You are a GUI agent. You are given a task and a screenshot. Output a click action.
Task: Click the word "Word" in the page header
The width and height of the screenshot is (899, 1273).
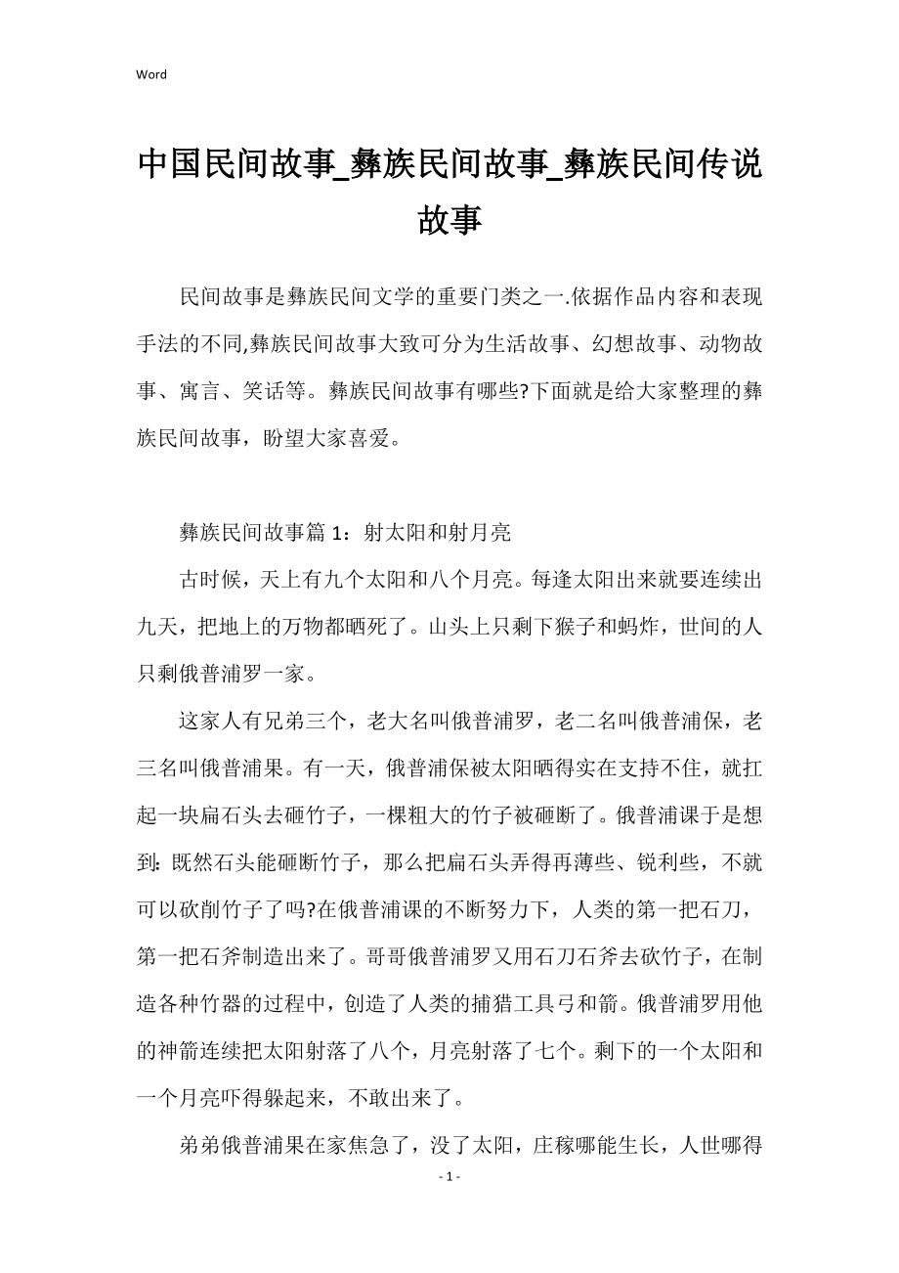click(151, 74)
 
